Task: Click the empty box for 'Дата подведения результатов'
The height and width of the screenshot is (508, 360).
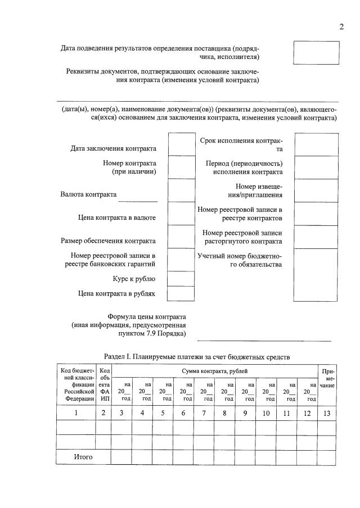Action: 316,53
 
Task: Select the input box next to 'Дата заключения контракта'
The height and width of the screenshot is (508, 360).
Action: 181,144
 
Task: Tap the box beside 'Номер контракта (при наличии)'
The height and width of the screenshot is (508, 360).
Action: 181,167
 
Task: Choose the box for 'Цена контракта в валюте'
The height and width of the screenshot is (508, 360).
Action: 181,214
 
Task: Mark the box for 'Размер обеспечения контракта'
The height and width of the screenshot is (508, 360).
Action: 181,237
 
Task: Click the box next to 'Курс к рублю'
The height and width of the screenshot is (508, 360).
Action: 181,278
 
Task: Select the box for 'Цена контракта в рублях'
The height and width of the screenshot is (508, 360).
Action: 181,293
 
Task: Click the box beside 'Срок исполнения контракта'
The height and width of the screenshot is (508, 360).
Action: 316,144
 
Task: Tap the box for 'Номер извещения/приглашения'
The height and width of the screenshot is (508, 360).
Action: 316,190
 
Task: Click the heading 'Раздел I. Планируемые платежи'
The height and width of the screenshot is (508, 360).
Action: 196,356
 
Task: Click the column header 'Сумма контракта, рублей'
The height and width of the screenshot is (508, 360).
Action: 214,371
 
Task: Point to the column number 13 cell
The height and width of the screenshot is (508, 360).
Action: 327,413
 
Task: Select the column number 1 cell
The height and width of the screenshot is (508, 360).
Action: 76,413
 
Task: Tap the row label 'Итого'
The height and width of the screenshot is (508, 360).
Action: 83,457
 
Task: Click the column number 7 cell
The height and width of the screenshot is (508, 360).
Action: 204,413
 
